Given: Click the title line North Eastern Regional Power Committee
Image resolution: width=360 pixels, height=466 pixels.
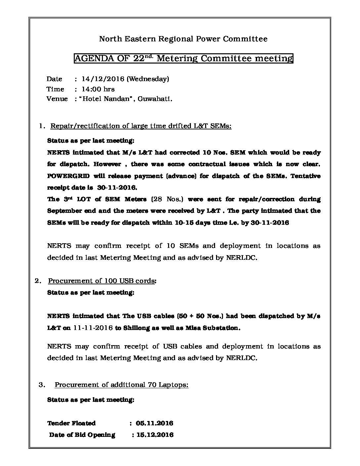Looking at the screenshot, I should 183,39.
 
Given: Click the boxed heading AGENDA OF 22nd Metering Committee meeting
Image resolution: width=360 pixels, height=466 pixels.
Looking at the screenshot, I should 183,59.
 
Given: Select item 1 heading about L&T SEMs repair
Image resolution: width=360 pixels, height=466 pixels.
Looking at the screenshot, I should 141,126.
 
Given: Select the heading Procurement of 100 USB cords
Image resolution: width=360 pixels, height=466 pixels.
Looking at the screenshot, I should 102,281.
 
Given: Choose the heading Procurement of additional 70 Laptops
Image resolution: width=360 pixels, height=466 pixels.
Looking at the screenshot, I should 121,385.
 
